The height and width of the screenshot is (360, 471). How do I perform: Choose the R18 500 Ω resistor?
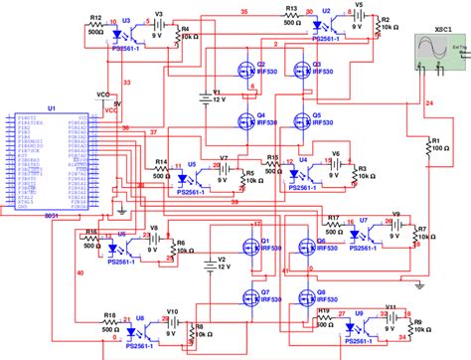(110, 324)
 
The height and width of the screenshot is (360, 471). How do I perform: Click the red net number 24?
(429, 102)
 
